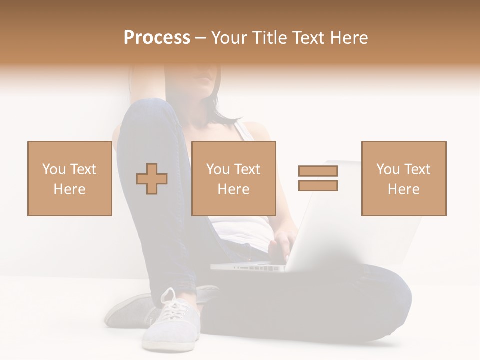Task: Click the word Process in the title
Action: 157,38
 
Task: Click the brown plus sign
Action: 152,179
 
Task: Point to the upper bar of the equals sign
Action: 318,171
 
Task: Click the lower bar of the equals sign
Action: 318,186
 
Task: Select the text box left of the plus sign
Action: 69,178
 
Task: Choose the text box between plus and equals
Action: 233,178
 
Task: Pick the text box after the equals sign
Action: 403,178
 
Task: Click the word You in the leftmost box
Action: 53,169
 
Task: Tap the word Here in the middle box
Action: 233,189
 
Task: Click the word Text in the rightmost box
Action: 417,169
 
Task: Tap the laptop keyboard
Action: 250,267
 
